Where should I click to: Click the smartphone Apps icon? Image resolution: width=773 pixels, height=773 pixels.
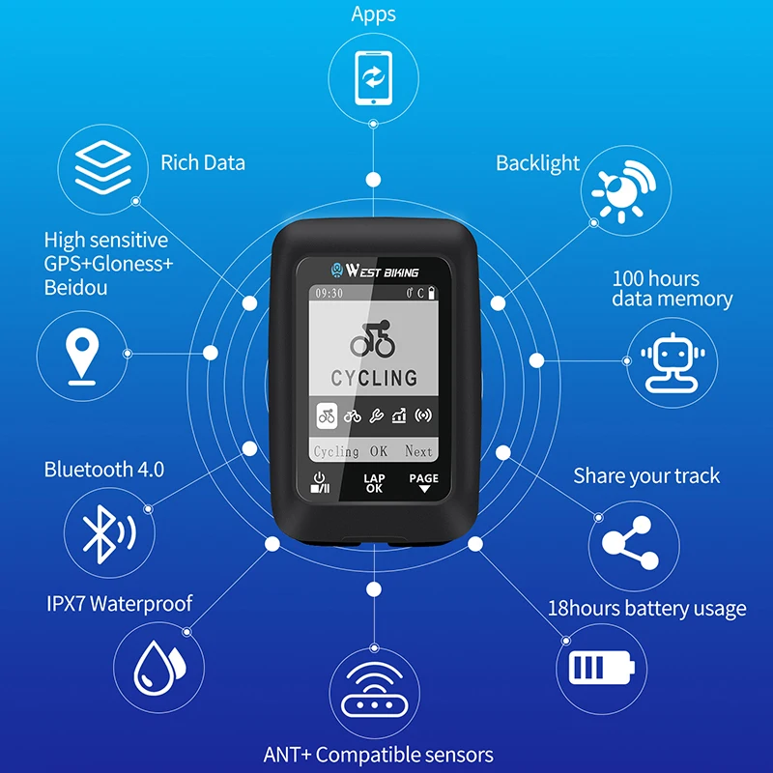tap(372, 75)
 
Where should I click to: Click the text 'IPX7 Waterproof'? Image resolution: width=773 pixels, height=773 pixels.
tap(120, 604)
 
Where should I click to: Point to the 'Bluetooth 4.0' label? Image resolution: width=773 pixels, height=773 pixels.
tap(104, 470)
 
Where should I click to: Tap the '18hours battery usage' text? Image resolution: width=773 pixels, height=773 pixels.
tap(646, 609)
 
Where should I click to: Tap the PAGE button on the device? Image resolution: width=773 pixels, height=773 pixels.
tap(423, 483)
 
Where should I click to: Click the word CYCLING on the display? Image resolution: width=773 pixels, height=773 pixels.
tap(374, 378)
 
